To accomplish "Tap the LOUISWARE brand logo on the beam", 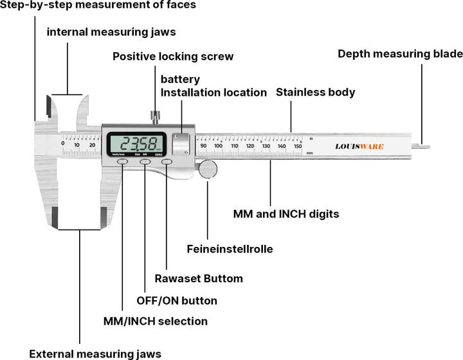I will click(359, 147).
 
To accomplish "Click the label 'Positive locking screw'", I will click(173, 57).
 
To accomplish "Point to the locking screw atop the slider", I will click(154, 117).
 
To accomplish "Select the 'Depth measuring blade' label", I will click(400, 54).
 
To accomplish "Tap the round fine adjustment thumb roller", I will click(208, 169).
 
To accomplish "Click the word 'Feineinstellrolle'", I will click(230, 248).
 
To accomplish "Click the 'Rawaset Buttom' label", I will click(199, 278).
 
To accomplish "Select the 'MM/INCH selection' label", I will click(156, 321).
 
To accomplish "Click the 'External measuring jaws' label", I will click(95, 353).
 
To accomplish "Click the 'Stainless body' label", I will click(315, 93).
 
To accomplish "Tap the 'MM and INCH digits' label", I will click(286, 213).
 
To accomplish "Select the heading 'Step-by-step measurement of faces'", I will click(98, 5).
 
